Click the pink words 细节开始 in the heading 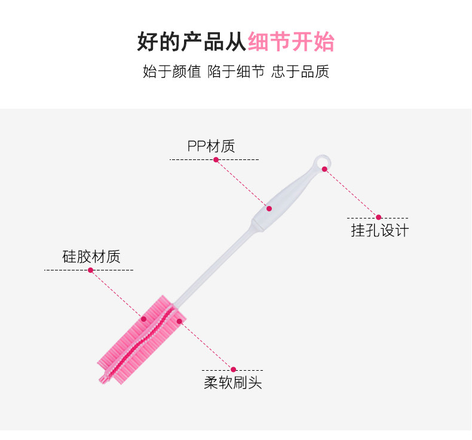291,42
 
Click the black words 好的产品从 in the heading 192,42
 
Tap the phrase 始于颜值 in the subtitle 171,72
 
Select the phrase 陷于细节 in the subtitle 236,72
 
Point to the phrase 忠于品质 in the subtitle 300,72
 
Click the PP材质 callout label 211,146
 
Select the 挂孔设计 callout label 379,230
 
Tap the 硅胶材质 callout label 91,257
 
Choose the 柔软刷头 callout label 233,383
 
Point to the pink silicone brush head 143,337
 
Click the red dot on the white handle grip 269,208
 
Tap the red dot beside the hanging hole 325,169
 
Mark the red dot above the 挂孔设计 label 378,217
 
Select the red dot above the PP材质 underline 216,159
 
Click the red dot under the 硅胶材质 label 91,270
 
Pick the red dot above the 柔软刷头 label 234,370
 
